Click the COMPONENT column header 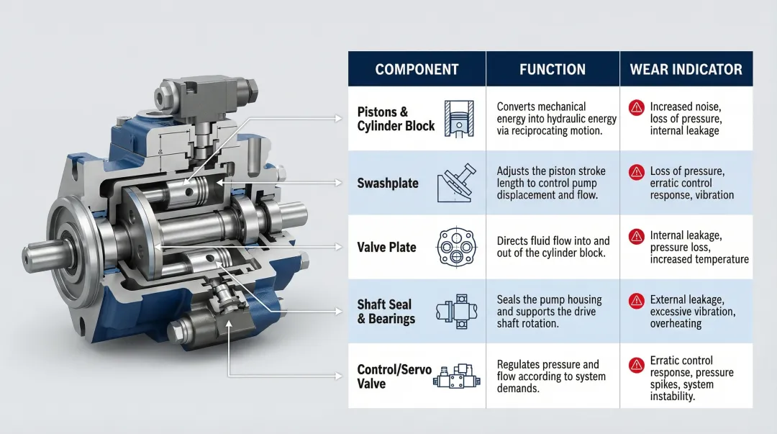(417, 70)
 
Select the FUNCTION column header (552, 70)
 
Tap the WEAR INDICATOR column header (686, 70)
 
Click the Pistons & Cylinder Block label (396, 119)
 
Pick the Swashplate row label (388, 183)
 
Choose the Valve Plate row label (386, 247)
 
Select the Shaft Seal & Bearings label (386, 311)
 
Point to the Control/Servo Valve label (394, 376)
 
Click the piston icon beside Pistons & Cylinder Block (458, 118)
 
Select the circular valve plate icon (457, 246)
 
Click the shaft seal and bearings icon (457, 311)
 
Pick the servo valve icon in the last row (457, 376)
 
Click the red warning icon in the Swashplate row (636, 172)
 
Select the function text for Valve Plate (553, 247)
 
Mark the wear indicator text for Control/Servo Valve (691, 378)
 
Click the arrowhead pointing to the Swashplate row (341, 183)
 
